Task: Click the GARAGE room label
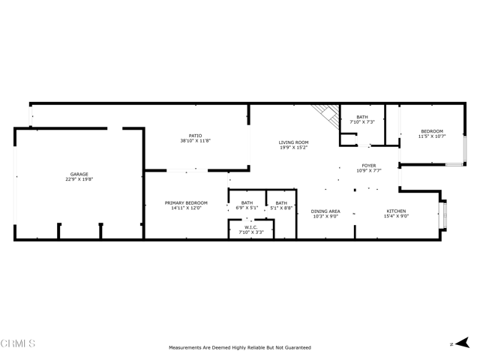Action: coord(79,174)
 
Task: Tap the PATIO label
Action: coord(195,136)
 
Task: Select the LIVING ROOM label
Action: coord(293,142)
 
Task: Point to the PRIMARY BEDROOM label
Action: coord(186,203)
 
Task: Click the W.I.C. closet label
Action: coord(251,227)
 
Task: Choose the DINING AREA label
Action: coord(325,211)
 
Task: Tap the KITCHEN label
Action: coord(396,211)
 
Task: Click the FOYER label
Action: coord(369,166)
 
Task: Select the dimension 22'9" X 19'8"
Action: coord(79,179)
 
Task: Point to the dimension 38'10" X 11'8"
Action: coord(195,141)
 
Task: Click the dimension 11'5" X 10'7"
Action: coord(432,136)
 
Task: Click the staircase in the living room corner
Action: coord(326,116)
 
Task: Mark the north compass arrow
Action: coord(463,343)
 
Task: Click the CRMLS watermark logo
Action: coord(18,343)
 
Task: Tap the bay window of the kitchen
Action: coord(443,214)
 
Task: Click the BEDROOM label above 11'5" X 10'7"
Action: coord(432,131)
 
